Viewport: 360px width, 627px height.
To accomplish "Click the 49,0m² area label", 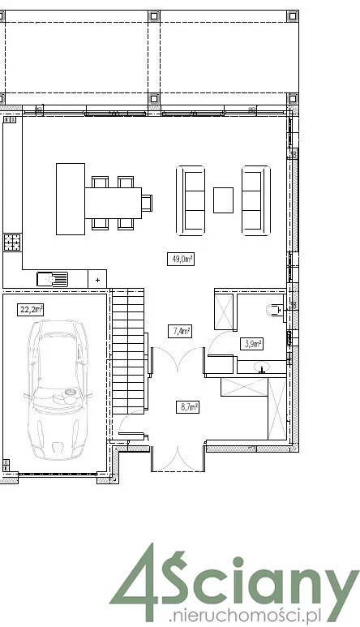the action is [181, 259].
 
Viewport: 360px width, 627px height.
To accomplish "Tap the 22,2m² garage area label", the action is [30, 310].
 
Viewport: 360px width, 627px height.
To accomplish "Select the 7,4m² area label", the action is [179, 331].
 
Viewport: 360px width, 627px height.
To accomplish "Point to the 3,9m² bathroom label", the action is [251, 343].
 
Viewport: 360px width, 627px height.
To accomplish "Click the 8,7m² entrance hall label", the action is [187, 407].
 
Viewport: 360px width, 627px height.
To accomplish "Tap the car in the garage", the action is [58, 389].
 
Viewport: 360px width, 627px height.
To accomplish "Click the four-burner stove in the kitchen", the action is [12, 243].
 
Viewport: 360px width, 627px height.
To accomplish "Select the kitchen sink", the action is [53, 279].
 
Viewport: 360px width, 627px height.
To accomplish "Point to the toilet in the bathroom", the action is [275, 310].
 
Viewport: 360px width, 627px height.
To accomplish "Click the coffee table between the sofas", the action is [223, 200].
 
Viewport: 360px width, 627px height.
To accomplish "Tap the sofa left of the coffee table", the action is [191, 200].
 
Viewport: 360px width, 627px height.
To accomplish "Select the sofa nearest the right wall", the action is [256, 200].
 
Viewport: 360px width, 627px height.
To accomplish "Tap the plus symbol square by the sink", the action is [97, 279].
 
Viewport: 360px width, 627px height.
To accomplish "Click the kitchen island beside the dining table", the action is [71, 199].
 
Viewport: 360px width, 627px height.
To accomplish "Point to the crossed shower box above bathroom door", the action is [224, 311].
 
